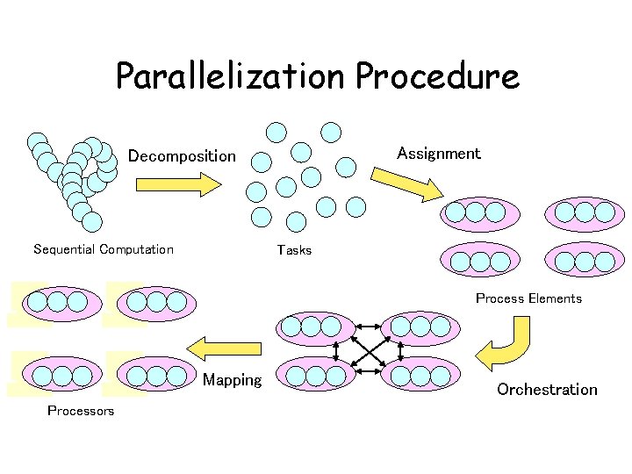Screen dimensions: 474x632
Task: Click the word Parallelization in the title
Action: (x=232, y=77)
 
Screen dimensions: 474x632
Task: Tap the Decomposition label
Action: (x=182, y=156)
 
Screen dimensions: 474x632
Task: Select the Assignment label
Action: (x=438, y=154)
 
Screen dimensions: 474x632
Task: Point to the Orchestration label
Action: (x=547, y=389)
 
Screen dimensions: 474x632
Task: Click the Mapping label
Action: (x=232, y=380)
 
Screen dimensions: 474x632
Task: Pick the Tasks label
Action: (x=294, y=250)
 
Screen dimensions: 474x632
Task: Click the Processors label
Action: (x=81, y=411)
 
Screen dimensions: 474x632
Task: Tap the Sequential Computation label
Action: (x=103, y=249)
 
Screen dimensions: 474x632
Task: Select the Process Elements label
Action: (x=528, y=298)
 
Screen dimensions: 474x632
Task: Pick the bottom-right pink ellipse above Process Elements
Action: (x=585, y=260)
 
